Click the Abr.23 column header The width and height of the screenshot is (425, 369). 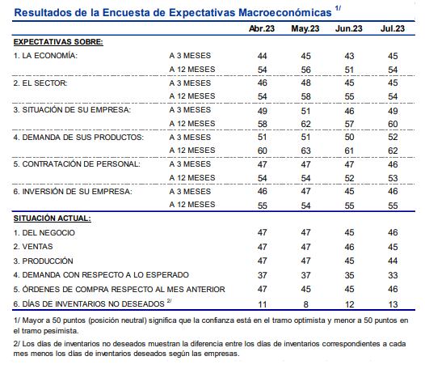pyautogui.click(x=263, y=29)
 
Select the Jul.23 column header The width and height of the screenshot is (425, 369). pyautogui.click(x=393, y=29)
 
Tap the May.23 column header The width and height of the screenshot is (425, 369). pyautogui.click(x=305, y=29)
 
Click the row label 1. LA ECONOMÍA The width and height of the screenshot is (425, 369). pyautogui.click(x=45, y=56)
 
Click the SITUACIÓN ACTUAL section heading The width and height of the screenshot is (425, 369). pyautogui.click(x=51, y=218)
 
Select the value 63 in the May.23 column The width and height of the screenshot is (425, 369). pyautogui.click(x=305, y=151)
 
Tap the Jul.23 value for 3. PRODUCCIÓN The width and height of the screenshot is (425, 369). pyautogui.click(x=393, y=261)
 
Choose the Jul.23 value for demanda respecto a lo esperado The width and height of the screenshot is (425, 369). pyautogui.click(x=393, y=274)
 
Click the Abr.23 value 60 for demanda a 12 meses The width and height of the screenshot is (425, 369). pyautogui.click(x=263, y=151)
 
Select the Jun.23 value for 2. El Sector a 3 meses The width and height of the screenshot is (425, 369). pyautogui.click(x=349, y=83)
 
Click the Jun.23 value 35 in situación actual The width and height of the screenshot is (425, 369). pyautogui.click(x=349, y=274)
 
